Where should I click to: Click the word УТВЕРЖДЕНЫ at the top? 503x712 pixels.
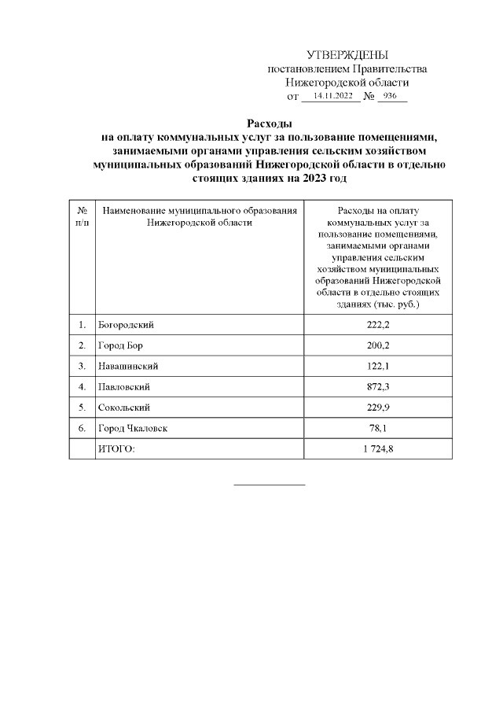[347, 55]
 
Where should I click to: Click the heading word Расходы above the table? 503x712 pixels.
[270, 124]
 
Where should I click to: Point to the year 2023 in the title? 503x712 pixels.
[307, 179]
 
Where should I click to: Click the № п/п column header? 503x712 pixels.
[82, 216]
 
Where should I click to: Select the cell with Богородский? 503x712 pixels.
[124, 324]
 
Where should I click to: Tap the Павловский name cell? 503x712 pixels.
[124, 387]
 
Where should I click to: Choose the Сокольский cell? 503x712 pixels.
[124, 408]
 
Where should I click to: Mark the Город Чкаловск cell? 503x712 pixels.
[132, 428]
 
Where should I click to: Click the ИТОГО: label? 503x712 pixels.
[116, 448]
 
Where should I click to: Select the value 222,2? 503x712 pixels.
[378, 324]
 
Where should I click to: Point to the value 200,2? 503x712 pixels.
[378, 345]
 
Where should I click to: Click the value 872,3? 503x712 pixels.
[378, 387]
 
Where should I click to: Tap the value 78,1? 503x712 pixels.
[378, 428]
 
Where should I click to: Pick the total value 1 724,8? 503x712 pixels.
[378, 448]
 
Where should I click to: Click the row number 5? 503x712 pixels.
[82, 408]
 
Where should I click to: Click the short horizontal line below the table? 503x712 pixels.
[270, 484]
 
